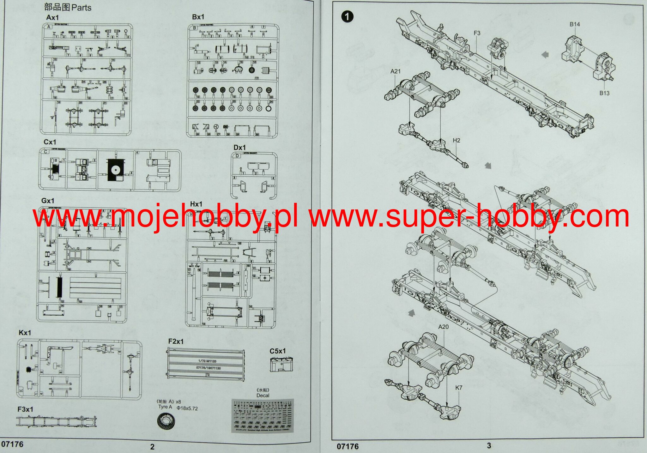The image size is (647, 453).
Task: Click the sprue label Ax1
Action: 52,17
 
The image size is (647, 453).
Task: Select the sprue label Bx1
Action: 198,17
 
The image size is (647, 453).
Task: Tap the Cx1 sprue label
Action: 50,142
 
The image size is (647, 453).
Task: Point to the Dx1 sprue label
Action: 239,148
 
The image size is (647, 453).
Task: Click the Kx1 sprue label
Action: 25,333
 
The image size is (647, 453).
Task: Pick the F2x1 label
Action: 176,341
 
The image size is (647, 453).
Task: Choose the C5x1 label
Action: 277,351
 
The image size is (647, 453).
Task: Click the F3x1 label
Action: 25,409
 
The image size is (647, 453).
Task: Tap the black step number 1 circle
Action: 347,16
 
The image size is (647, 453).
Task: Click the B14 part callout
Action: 575,24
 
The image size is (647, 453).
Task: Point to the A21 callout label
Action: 395,71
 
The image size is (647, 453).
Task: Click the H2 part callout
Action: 457,140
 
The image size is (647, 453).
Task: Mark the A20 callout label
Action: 443,327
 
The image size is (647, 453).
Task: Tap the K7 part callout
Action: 459,388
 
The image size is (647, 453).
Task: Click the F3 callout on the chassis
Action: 477,33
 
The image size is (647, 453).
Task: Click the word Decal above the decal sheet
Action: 263,395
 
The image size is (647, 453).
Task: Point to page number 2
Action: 153,447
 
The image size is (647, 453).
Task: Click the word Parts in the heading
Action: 82,8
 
